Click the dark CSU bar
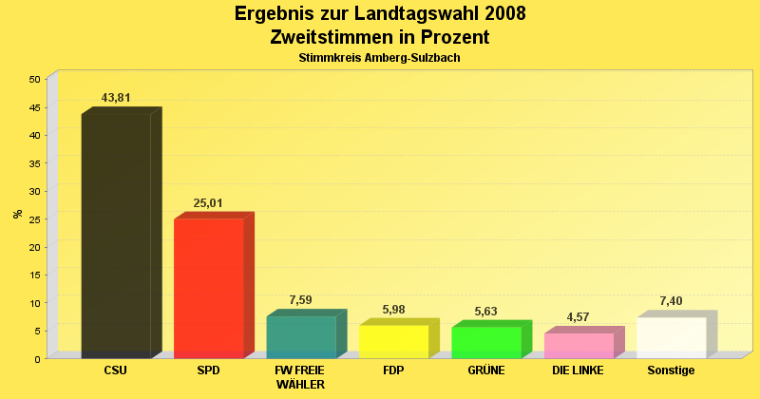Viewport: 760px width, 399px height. pos(116,235)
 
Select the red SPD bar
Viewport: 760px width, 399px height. pos(208,288)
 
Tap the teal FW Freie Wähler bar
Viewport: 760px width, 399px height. pos(301,336)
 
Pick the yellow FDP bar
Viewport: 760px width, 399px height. pos(393,341)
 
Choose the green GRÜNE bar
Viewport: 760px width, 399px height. pos(485,342)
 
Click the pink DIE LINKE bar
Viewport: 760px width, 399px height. pos(579,345)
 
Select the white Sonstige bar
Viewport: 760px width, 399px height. pos(671,337)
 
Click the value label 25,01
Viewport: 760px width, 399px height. pos(208,203)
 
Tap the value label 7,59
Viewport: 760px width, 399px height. pos(300,301)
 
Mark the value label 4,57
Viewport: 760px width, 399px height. pos(578,317)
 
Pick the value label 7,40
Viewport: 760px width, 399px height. pos(671,302)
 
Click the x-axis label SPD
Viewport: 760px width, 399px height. pos(208,370)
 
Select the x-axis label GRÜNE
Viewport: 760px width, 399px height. pos(485,370)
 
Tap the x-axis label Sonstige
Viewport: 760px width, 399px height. pos(671,370)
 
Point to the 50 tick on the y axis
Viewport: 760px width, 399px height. pos(34,79)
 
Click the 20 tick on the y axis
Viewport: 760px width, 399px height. pos(34,247)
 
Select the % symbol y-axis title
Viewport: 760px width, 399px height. pos(18,214)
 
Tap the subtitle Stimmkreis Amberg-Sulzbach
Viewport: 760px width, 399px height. pos(380,58)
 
